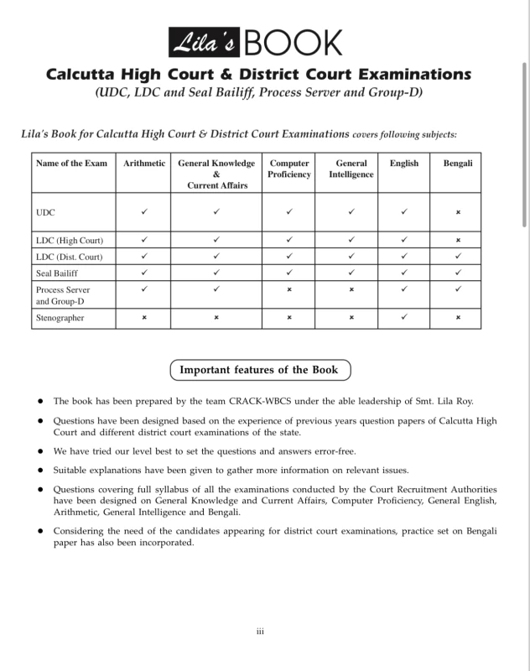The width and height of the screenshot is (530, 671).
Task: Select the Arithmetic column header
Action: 144,164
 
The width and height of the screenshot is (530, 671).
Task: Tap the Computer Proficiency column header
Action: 289,169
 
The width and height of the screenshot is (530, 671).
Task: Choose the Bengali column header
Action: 458,164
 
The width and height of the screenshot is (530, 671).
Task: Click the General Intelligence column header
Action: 351,169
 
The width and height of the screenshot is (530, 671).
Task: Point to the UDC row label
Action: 45,213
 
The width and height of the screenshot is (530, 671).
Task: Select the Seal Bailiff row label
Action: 56,273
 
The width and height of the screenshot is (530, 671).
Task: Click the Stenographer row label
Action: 60,318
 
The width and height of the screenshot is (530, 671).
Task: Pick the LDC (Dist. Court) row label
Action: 70,257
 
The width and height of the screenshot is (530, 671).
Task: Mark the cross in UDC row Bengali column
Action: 458,213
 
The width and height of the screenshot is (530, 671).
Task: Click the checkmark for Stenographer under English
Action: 404,318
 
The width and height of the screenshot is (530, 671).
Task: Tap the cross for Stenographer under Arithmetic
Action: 144,318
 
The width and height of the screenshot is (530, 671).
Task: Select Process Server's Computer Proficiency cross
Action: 289,289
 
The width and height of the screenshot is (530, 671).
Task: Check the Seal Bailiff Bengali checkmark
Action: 458,273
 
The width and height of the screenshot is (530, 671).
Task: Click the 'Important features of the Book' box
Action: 260,370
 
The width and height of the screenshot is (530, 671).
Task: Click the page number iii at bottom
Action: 260,631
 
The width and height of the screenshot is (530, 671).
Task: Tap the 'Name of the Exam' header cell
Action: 72,164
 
